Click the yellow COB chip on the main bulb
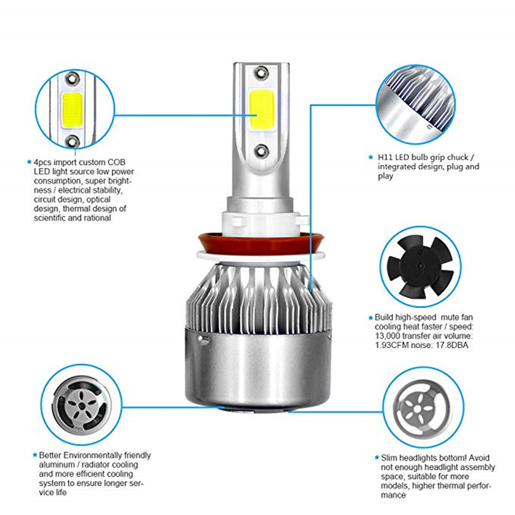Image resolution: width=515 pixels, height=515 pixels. tap(262, 110)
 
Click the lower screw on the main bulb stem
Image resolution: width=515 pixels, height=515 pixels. tap(261, 151)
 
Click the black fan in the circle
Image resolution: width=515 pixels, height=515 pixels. tap(420, 267)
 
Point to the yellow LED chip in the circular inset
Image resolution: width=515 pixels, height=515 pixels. tap(72, 110)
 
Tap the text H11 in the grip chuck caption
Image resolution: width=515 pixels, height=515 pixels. tap(385, 157)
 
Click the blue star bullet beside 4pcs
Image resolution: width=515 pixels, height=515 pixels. tap(29, 162)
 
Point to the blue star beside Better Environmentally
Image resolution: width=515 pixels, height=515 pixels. tap(35, 455)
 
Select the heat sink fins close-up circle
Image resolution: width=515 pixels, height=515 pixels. tap(416, 104)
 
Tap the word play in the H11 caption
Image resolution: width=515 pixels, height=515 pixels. tap(385, 177)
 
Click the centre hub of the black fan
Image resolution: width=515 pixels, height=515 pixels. tap(420, 267)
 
